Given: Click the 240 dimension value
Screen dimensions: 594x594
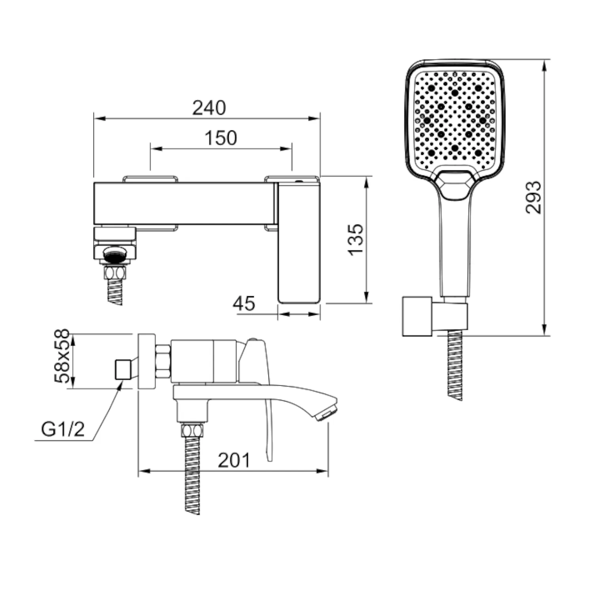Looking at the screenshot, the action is [209, 108].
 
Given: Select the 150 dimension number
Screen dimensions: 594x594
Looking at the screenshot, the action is [221, 138].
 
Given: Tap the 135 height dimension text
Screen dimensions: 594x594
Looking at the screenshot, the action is [356, 240].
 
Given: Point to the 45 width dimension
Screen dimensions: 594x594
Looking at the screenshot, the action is [244, 303].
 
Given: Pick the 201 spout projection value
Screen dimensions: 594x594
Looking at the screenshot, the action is [234, 460].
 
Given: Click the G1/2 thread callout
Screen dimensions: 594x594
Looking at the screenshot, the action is [63, 429].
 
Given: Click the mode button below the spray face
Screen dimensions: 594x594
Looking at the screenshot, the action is [454, 184].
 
